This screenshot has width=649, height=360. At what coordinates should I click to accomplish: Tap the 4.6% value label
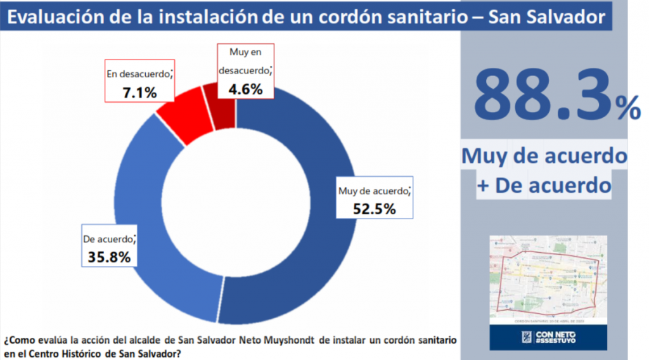[245, 89]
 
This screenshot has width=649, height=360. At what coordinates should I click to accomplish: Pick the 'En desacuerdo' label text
[138, 74]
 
